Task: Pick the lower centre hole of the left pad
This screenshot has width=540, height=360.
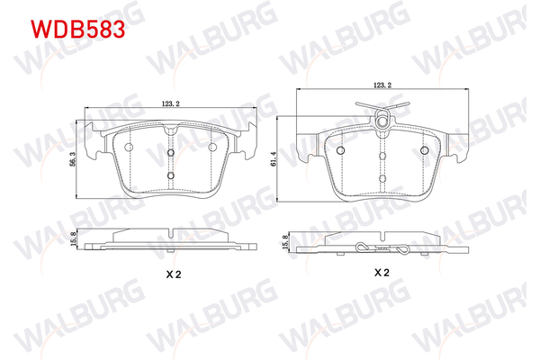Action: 170,175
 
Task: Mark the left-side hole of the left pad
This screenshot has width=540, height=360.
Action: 127,148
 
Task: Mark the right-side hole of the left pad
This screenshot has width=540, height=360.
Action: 213,148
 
